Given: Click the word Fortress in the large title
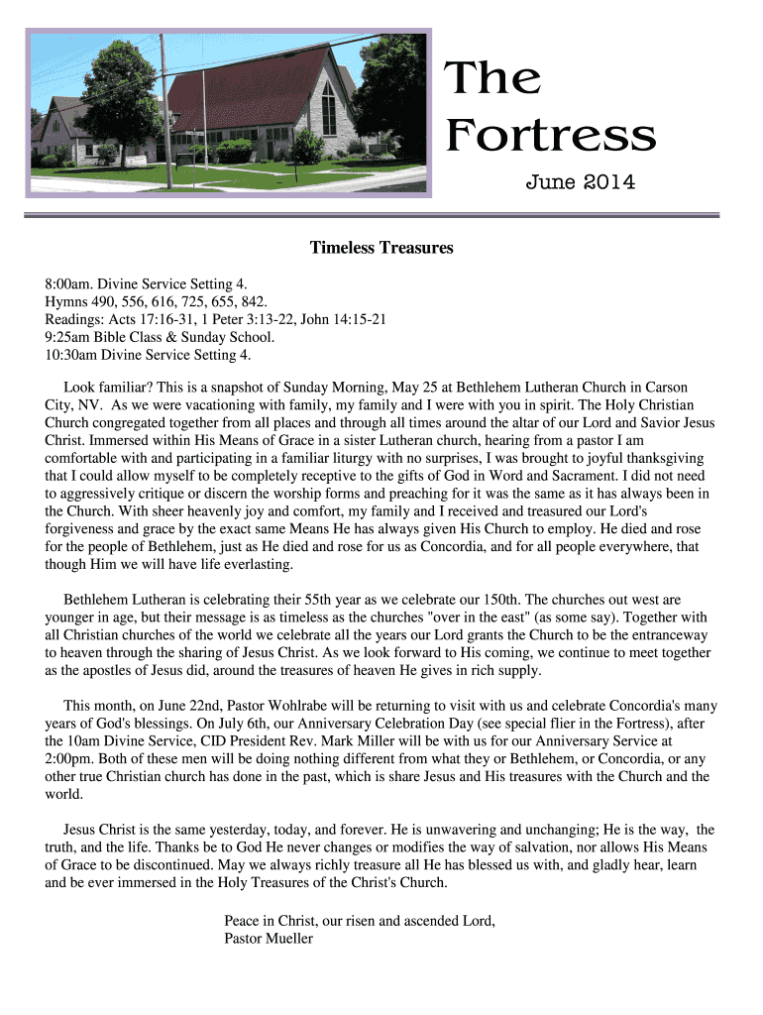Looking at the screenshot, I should pos(550,136).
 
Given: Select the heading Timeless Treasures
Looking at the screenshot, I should pos(381,248).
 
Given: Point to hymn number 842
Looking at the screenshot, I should pos(252,300).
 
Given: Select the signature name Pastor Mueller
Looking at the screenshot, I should pos(269,938).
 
